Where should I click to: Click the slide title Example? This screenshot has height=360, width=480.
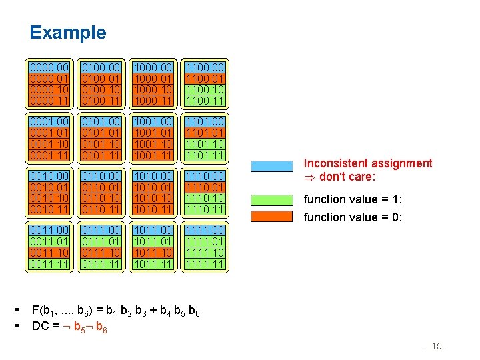tap(67, 33)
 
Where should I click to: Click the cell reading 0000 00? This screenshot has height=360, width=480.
tap(50, 67)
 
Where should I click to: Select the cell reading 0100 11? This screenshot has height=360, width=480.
tap(101, 101)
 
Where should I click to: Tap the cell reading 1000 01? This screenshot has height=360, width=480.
tap(153, 79)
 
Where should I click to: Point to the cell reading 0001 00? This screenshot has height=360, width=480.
tap(50, 122)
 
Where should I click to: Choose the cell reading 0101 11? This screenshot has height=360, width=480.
tap(101, 156)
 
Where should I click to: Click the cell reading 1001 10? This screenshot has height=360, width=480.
tap(153, 145)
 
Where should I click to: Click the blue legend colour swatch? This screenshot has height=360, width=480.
tap(273, 164)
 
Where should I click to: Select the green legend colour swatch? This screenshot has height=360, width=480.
tap(273, 198)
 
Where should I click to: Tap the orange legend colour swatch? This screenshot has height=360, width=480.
tap(273, 217)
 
